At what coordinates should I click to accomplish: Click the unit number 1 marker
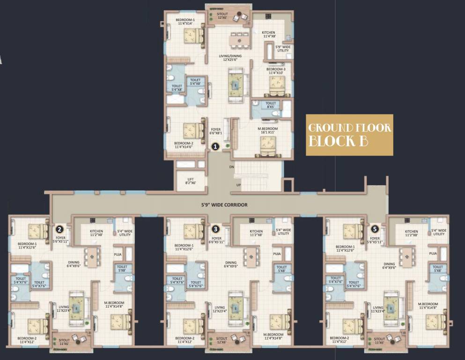[x=215, y=146]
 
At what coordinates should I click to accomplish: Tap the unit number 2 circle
[x=59, y=229]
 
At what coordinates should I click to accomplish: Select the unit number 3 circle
[x=215, y=229]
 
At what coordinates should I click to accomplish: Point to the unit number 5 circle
[x=374, y=229]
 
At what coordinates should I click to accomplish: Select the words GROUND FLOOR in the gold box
[x=349, y=128]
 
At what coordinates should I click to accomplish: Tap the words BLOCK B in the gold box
[x=337, y=141]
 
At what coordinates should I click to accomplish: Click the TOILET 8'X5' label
[x=271, y=105]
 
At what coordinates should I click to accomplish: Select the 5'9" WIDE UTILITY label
[x=283, y=49]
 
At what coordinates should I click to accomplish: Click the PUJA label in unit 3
[x=277, y=254]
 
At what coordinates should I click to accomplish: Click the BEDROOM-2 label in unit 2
[x=27, y=340]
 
